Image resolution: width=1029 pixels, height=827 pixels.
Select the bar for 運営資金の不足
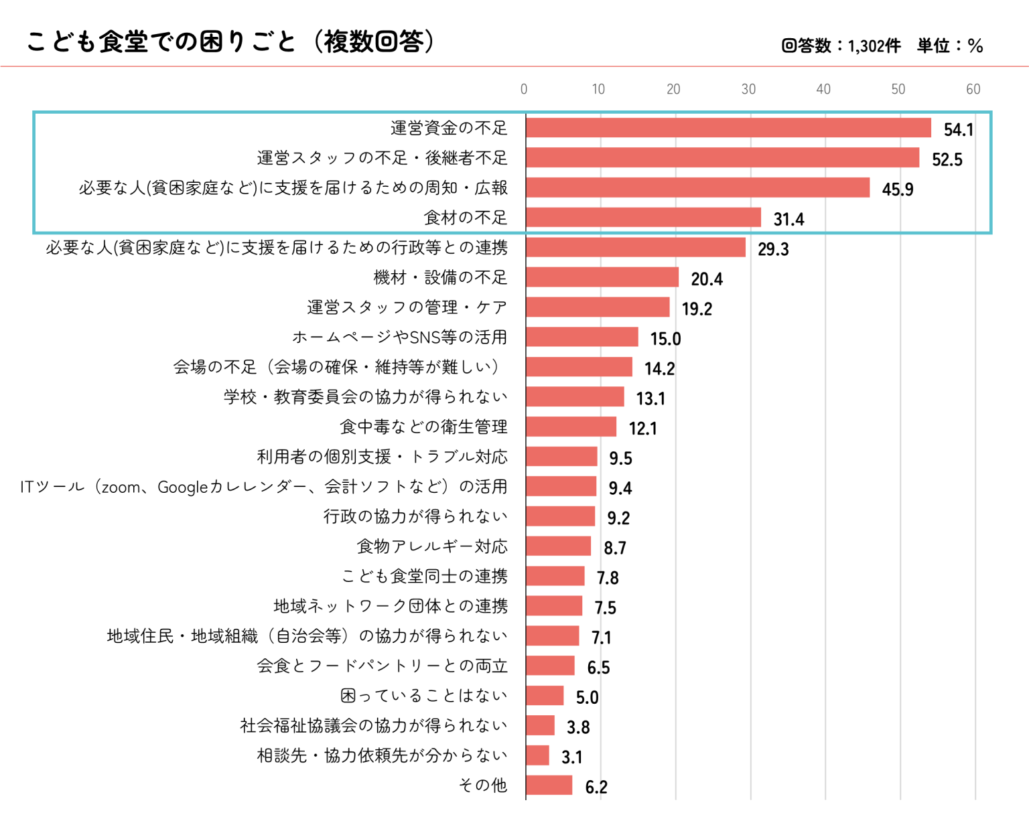(x=728, y=128)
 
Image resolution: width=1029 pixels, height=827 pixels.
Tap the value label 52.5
(x=947, y=159)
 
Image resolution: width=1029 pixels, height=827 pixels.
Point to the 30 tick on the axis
(x=748, y=89)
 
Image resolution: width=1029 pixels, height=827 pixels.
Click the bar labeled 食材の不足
(x=643, y=218)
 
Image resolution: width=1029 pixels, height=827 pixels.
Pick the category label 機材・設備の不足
(x=440, y=277)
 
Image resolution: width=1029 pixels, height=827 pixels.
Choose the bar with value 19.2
(x=598, y=307)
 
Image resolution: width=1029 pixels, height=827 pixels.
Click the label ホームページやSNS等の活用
(x=399, y=337)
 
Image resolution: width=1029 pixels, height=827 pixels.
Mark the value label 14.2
(x=659, y=368)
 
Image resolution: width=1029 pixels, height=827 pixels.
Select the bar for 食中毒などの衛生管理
(x=571, y=427)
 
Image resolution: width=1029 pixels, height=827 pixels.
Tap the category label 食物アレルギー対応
(x=432, y=546)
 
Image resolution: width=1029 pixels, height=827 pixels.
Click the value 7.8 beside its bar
(x=608, y=577)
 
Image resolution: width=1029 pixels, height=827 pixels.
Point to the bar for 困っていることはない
(x=545, y=696)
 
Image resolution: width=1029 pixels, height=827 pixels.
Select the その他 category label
(x=482, y=785)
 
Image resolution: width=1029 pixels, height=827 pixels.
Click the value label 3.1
(x=571, y=757)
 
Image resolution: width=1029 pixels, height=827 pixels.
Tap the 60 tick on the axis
(x=973, y=89)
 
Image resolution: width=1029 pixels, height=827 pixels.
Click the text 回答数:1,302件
(x=841, y=46)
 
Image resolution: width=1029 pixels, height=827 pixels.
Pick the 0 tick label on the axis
(x=524, y=89)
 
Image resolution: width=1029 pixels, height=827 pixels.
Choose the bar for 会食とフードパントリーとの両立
(x=550, y=666)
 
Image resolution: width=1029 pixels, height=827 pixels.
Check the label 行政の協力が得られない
(x=415, y=516)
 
